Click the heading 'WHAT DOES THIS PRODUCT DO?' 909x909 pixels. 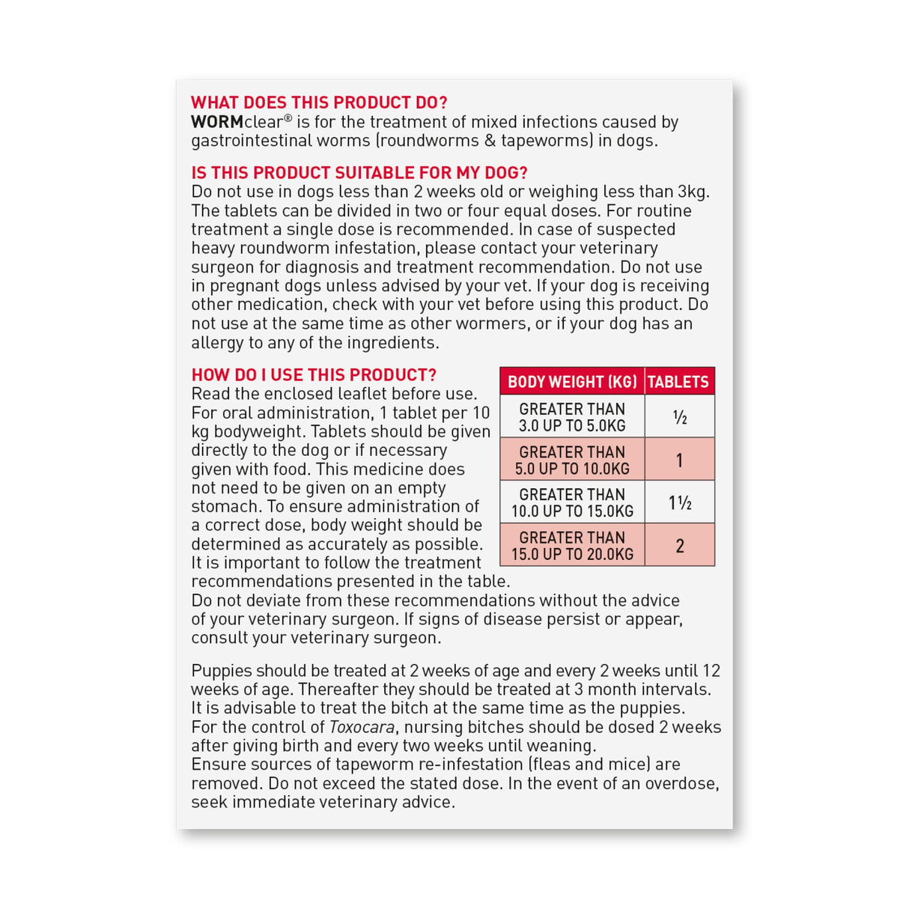pos(319,103)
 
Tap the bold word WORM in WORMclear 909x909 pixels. pos(216,122)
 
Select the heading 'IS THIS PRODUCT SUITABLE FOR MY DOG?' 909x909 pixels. pos(359,173)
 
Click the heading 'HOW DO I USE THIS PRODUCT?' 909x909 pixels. pos(314,375)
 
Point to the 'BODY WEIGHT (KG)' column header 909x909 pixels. pos(572,382)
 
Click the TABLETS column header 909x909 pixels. pos(678,382)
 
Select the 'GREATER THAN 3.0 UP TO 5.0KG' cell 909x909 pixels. pos(572,417)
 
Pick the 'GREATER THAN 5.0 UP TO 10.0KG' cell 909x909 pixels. pos(572,460)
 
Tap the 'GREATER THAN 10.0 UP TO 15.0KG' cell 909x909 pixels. pos(572,502)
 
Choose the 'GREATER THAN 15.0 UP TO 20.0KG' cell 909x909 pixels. pos(572,545)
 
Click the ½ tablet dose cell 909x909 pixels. pos(679,417)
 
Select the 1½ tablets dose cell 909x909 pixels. pos(679,502)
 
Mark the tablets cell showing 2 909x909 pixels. pos(679,545)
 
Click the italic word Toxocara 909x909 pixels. pos(362,727)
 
